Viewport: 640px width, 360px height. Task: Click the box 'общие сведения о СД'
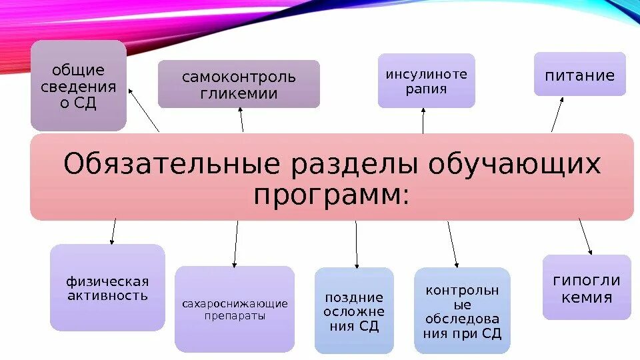pos(79,85)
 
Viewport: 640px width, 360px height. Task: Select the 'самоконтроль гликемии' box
pos(239,84)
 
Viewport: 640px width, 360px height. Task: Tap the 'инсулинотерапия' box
pos(427,81)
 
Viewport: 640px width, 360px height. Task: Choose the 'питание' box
pos(580,74)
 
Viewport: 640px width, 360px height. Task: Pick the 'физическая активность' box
pos(107,287)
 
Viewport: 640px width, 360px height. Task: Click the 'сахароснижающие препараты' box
pos(235,309)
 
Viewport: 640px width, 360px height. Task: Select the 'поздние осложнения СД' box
pos(354,310)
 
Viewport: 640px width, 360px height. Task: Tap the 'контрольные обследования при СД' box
pos(462,310)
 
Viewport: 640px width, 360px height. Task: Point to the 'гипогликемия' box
pos(587,287)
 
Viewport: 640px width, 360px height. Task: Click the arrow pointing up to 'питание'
pos(557,113)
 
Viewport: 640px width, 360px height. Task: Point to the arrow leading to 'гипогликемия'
pos(585,237)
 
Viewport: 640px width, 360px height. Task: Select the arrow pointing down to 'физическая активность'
pos(113,231)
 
